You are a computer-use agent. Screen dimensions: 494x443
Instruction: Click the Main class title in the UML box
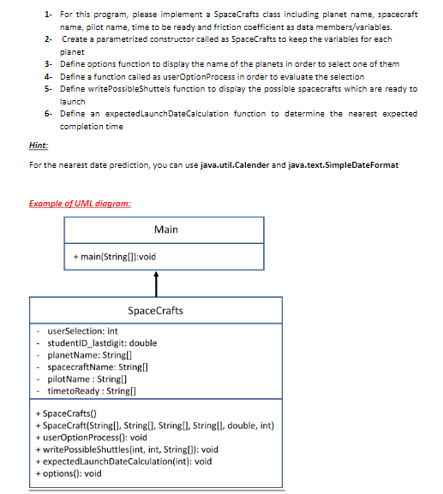[x=166, y=229]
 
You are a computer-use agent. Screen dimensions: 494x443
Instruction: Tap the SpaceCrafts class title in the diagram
[x=155, y=310]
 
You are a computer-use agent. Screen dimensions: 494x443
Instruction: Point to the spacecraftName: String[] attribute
[x=95, y=366]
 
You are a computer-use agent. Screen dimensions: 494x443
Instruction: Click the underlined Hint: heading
[x=39, y=146]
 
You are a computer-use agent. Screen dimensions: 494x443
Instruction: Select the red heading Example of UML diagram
[x=75, y=202]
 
